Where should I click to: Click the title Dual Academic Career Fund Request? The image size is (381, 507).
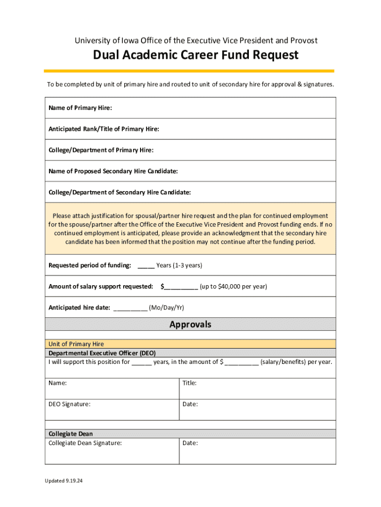(195, 55)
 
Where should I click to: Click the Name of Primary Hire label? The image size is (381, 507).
(80, 108)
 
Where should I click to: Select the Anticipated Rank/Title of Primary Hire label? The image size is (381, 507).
(104, 129)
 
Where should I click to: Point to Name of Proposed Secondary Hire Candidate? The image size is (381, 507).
(113, 171)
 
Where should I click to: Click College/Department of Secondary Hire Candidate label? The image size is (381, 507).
(120, 192)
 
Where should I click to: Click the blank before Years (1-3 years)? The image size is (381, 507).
(146, 266)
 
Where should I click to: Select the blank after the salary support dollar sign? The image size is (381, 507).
(181, 287)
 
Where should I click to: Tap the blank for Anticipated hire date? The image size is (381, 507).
(130, 308)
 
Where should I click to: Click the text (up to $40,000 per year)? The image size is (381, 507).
(234, 287)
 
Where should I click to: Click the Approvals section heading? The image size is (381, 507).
(190, 324)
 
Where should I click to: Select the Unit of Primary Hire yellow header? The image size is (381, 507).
(76, 344)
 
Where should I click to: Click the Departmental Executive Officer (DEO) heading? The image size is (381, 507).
(102, 353)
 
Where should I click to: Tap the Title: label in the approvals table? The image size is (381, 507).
(190, 383)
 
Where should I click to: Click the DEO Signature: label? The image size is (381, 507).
(69, 404)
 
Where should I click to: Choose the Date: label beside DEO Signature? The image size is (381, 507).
(190, 404)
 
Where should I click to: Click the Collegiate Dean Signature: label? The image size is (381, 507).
(85, 443)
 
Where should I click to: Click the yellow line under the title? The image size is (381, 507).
(189, 71)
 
